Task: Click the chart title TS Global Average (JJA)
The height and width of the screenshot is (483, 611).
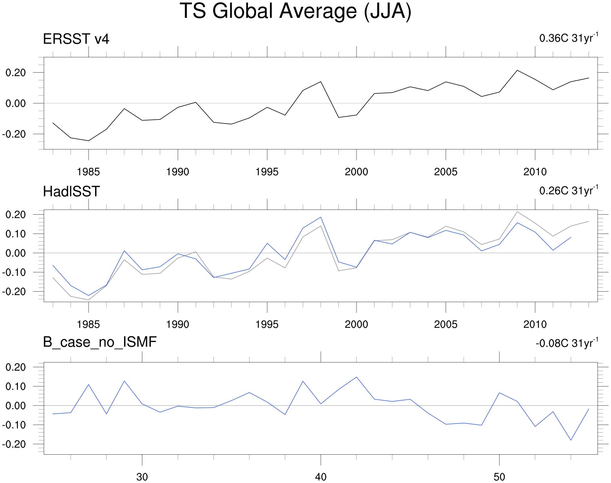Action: tap(296, 12)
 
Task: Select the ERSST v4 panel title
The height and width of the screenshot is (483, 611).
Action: tap(76, 39)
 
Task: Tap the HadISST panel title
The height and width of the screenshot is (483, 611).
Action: tap(71, 191)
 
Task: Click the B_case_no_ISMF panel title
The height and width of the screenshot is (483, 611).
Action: tap(100, 342)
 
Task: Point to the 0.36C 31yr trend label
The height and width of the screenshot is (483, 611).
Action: tap(569, 38)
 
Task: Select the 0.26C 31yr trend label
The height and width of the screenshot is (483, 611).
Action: tap(569, 190)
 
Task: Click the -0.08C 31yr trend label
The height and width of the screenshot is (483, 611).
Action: tap(567, 343)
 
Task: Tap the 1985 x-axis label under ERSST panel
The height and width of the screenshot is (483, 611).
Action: tap(88, 172)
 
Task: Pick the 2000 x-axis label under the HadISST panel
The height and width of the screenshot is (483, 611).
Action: tap(356, 324)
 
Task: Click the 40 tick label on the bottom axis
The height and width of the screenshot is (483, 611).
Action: tap(321, 477)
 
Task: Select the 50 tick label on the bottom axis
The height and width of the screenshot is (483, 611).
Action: tap(499, 477)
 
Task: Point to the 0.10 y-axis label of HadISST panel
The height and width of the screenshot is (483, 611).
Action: tap(16, 234)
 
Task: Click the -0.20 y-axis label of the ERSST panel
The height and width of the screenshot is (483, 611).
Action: tap(14, 134)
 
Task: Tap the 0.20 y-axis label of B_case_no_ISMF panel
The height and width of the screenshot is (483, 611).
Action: tap(16, 367)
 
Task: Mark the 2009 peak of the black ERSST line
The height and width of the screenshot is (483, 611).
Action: tap(517, 70)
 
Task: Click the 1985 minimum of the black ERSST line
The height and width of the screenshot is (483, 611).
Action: tap(89, 141)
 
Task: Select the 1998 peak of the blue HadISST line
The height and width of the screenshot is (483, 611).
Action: tap(321, 217)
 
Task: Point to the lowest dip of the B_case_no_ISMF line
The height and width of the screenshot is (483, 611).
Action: tap(571, 440)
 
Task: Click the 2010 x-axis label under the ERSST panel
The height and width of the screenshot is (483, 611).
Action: tap(535, 172)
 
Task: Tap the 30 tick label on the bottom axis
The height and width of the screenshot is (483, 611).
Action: tap(142, 477)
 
